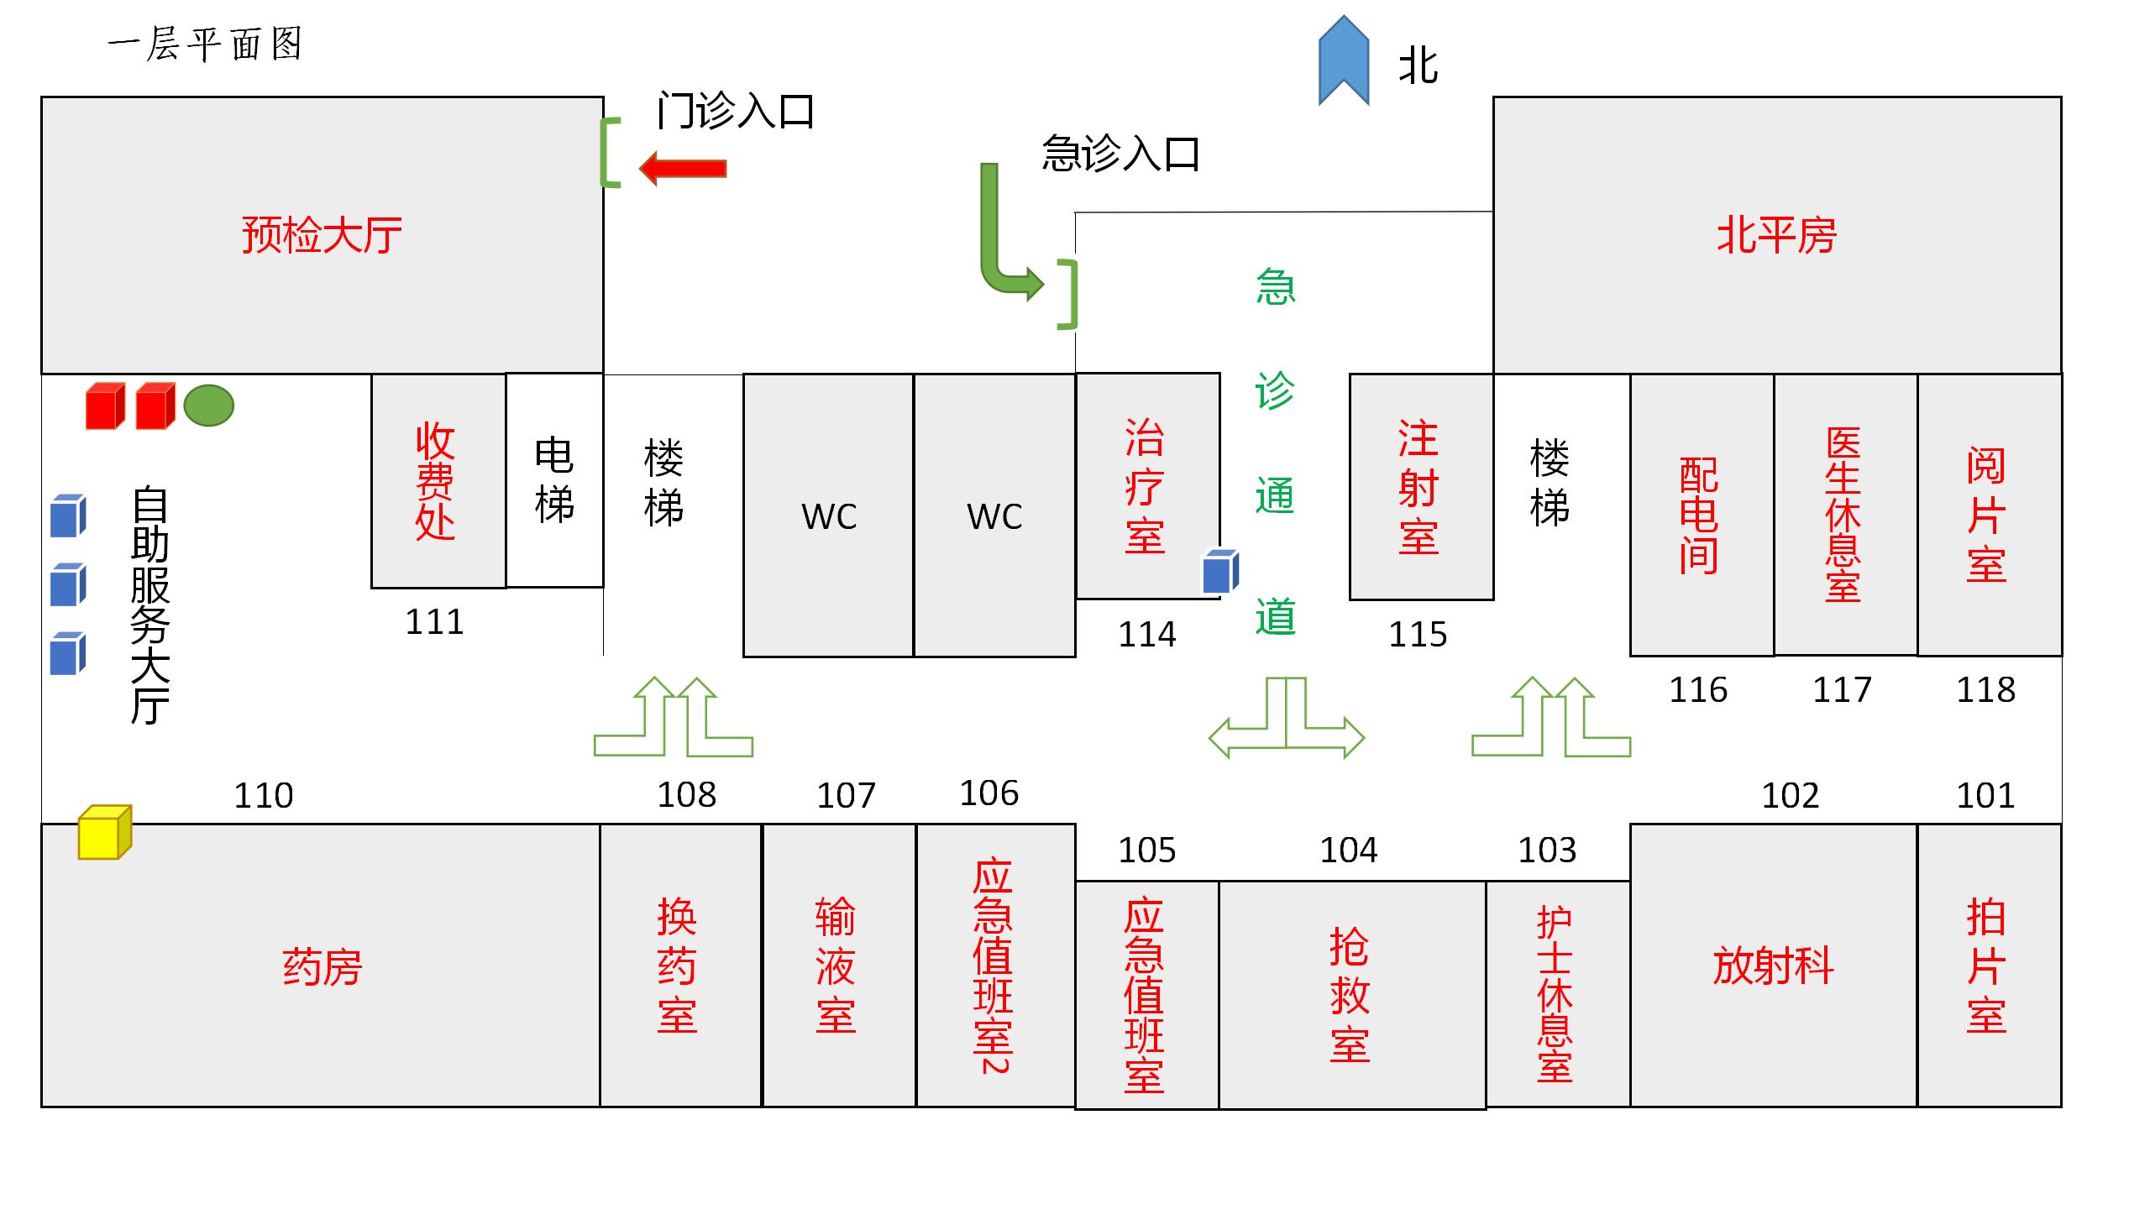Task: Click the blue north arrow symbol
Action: point(1344,60)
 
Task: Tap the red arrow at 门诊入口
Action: point(683,169)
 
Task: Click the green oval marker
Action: point(208,406)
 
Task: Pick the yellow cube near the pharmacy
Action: point(104,832)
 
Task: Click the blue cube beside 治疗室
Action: point(1220,572)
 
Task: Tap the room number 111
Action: point(434,622)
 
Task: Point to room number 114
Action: point(1146,634)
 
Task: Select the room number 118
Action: point(1985,690)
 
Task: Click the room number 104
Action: point(1348,850)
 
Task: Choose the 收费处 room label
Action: point(435,482)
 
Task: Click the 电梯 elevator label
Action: point(554,480)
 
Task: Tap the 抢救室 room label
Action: point(1350,995)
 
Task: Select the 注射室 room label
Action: point(1418,487)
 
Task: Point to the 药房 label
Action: point(322,967)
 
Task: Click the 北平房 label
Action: point(1776,235)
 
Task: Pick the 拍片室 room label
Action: point(1986,966)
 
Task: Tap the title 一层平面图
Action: point(205,44)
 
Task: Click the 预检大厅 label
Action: point(322,235)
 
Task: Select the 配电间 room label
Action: point(1699,515)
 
